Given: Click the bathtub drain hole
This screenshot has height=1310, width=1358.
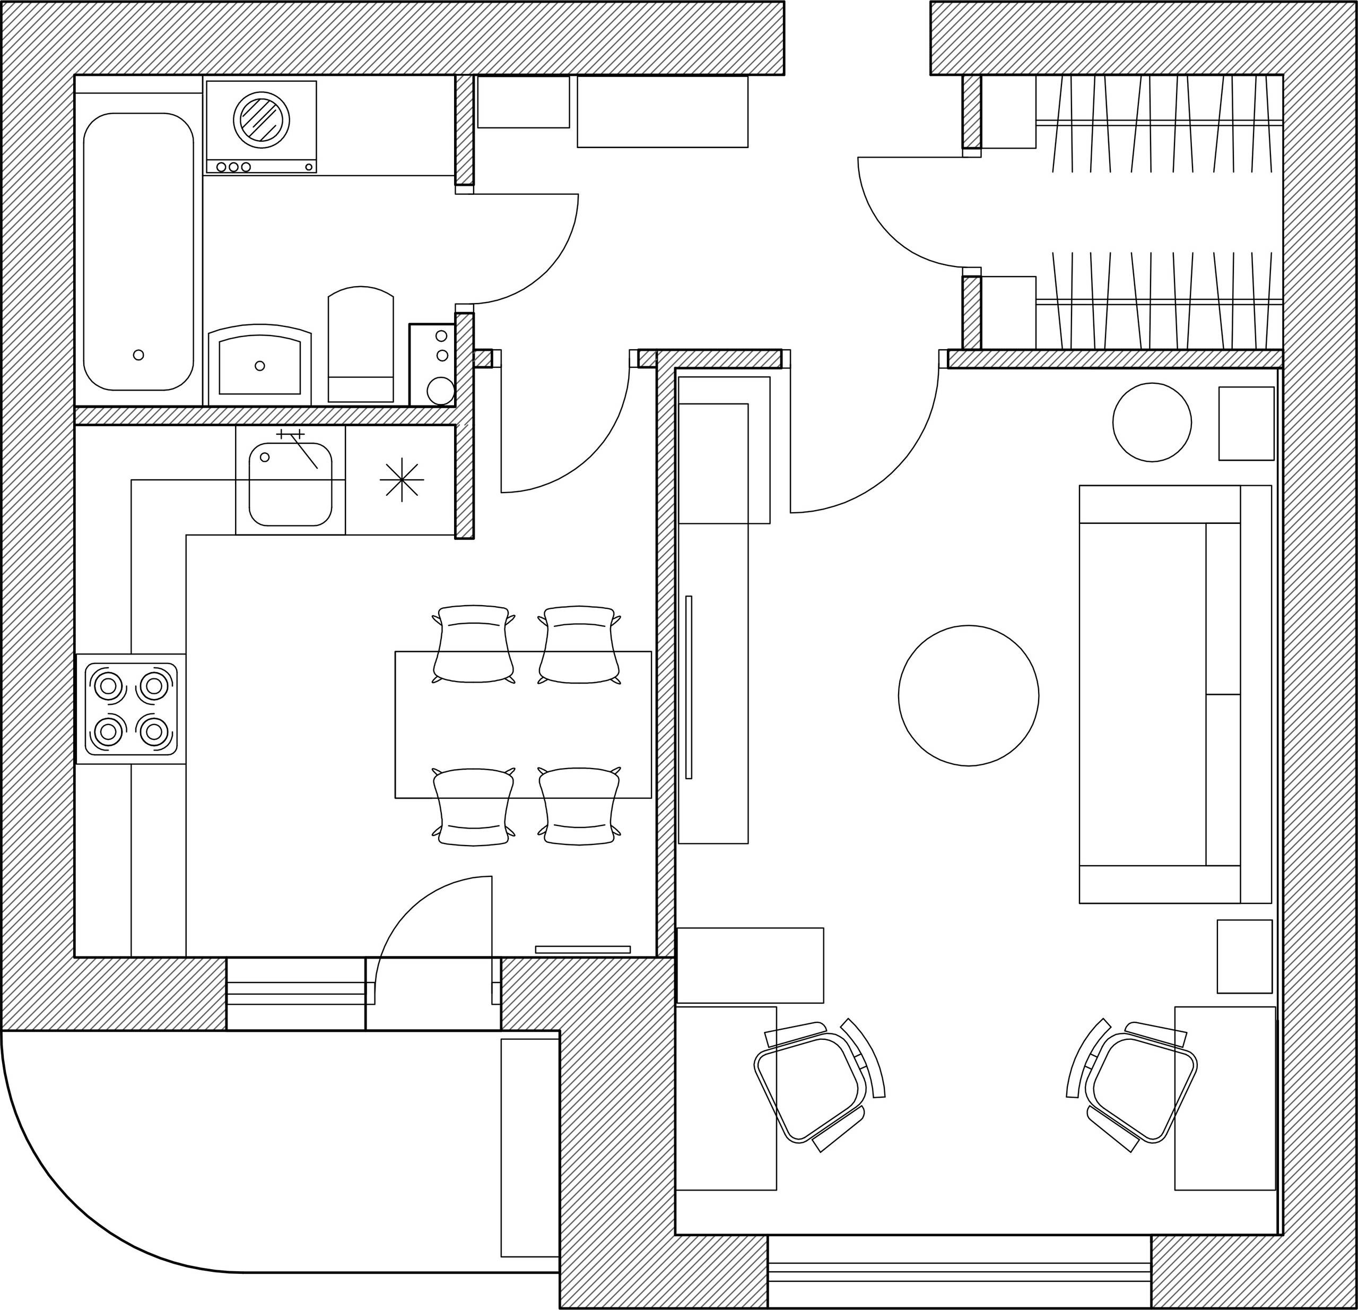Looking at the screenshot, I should tap(138, 355).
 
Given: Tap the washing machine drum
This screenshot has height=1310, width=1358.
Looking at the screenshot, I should tap(261, 120).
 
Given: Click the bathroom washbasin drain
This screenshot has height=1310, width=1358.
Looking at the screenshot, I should tap(260, 366).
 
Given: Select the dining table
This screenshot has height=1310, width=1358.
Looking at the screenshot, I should tap(523, 725).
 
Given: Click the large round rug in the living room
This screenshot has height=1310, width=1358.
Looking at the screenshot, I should tap(968, 695).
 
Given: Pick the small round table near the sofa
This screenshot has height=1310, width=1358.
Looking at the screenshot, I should tap(1152, 422).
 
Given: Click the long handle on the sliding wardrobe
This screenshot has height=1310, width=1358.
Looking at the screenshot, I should tap(689, 687).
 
